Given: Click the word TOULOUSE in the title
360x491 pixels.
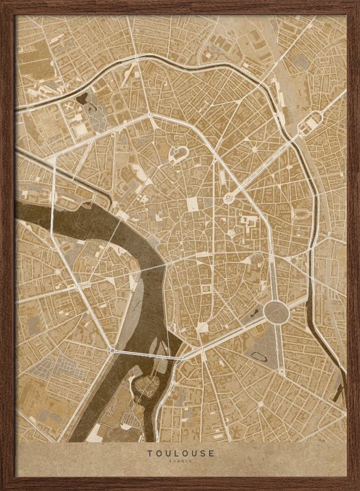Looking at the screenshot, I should pyautogui.click(x=180, y=453).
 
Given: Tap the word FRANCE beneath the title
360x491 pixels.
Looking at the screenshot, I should pyautogui.click(x=180, y=461).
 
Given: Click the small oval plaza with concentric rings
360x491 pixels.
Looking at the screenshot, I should pyautogui.click(x=229, y=198).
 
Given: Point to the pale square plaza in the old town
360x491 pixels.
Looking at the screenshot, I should pyautogui.click(x=193, y=205).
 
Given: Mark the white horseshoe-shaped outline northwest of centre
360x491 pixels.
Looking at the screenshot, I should pyautogui.click(x=178, y=154).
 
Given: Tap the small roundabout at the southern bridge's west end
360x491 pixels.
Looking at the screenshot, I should pyautogui.click(x=112, y=351).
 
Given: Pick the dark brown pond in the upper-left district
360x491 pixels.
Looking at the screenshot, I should pyautogui.click(x=81, y=98).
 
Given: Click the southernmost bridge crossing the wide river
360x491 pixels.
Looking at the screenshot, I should pyautogui.click(x=142, y=352).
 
